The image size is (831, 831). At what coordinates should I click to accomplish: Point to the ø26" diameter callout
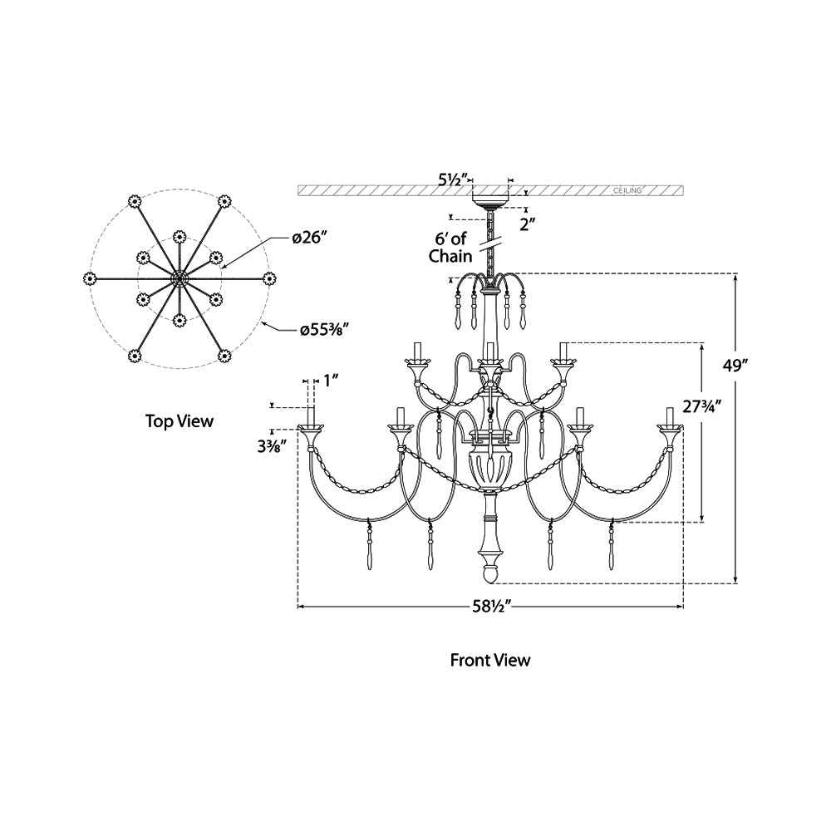coord(310,238)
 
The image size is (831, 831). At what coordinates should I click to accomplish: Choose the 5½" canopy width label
coord(454,178)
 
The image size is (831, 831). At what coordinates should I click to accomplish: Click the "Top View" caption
coord(179,421)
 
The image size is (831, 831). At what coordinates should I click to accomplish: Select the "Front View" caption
coord(490,661)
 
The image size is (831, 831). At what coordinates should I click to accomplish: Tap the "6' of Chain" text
coord(450,248)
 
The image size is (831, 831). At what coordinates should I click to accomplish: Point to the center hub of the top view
coord(178,278)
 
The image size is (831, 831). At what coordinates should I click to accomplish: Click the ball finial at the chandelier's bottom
coord(490,574)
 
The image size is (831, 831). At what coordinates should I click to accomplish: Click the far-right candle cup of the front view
coord(669,430)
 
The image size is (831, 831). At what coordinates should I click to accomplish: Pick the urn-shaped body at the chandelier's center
coord(490,471)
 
